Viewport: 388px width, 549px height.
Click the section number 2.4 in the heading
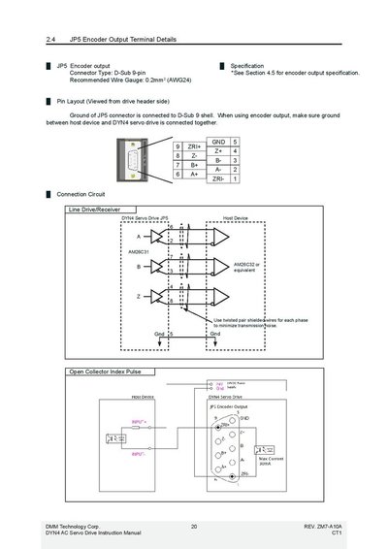point(51,40)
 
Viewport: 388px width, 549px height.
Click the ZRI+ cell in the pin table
point(194,146)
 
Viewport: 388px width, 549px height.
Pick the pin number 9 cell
point(178,146)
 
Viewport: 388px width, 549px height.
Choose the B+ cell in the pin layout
point(194,165)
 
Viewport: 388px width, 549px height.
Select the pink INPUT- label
point(142,452)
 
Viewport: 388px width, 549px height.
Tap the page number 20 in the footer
point(194,526)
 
